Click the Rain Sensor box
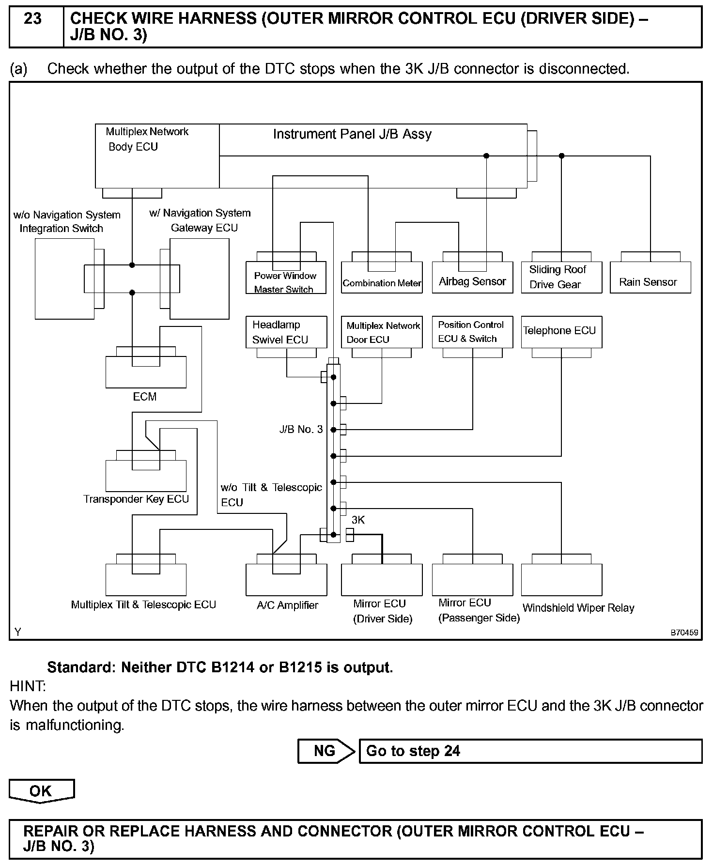[650, 278]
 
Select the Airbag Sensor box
[472, 278]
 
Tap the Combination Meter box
[382, 278]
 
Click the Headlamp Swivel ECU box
[286, 332]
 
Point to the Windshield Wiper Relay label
[578, 608]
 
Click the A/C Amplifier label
[287, 605]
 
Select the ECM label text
[145, 397]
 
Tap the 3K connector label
[358, 520]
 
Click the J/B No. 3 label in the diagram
[301, 430]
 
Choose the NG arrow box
[326, 751]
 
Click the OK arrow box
[41, 791]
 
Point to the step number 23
[33, 19]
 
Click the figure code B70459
[684, 633]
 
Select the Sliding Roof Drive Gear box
[561, 277]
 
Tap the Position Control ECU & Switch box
[472, 332]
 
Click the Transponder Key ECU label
[136, 499]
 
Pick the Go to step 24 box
[530, 751]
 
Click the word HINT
[28, 686]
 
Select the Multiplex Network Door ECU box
[382, 332]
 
